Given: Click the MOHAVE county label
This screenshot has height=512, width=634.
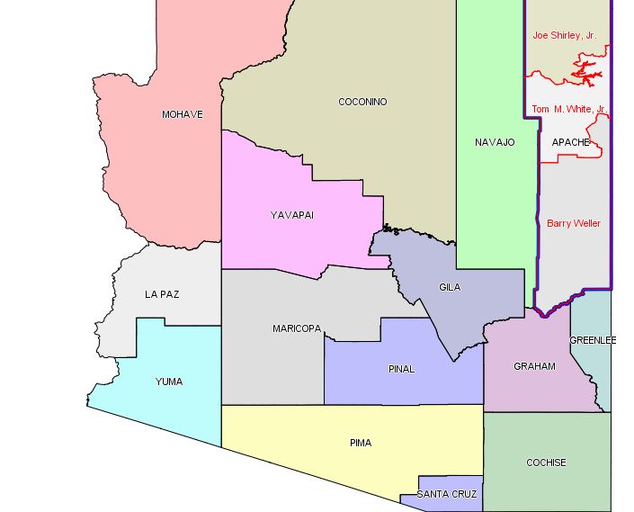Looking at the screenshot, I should tap(182, 114).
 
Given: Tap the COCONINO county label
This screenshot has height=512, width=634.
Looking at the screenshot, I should tap(362, 102).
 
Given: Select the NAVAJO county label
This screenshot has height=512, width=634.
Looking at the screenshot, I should tap(495, 142).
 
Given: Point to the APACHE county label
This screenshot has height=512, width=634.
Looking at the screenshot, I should tap(570, 142).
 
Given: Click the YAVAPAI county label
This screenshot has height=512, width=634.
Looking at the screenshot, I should tap(292, 214).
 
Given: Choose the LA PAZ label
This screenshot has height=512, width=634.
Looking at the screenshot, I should tap(163, 294).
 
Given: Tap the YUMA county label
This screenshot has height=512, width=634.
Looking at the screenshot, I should tap(168, 382).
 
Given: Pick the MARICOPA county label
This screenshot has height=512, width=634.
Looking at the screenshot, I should tap(297, 328).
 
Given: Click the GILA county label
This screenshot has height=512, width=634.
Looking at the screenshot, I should tap(450, 287).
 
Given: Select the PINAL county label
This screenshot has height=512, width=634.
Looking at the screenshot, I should tap(401, 369).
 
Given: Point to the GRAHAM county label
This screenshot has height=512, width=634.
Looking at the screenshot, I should tap(534, 366).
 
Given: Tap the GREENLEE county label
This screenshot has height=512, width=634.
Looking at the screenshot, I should tap(593, 340).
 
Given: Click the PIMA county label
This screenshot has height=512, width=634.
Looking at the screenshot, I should tap(360, 443).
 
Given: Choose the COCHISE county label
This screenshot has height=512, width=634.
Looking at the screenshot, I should tap(546, 463).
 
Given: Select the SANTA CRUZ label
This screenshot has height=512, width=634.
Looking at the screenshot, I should tap(448, 494).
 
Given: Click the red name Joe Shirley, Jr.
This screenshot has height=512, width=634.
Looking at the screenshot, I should tap(564, 36).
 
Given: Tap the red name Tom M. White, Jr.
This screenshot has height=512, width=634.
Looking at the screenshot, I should tap(569, 109).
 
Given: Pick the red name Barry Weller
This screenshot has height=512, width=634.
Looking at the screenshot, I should tap(574, 223).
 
